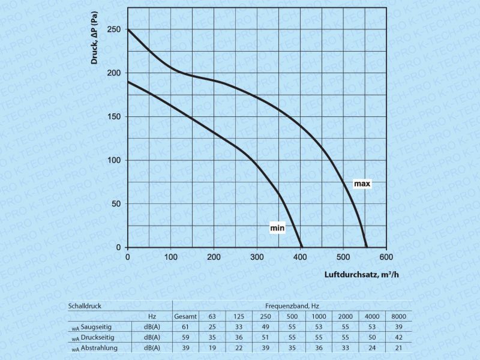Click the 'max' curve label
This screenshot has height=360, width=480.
pos(361,184)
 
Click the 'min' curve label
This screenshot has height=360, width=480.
pos(277,228)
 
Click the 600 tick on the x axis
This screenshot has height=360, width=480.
pos(386,257)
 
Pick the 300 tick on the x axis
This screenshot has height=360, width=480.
pos(257,257)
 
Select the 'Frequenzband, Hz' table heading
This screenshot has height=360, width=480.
pos(292,305)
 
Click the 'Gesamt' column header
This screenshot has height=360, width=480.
pos(186,316)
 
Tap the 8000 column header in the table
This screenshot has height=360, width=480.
pos(399,316)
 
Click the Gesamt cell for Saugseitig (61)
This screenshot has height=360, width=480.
pos(186,327)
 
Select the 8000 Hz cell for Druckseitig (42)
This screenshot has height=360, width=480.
pos(399,338)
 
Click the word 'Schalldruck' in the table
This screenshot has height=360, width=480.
pos(85,305)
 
